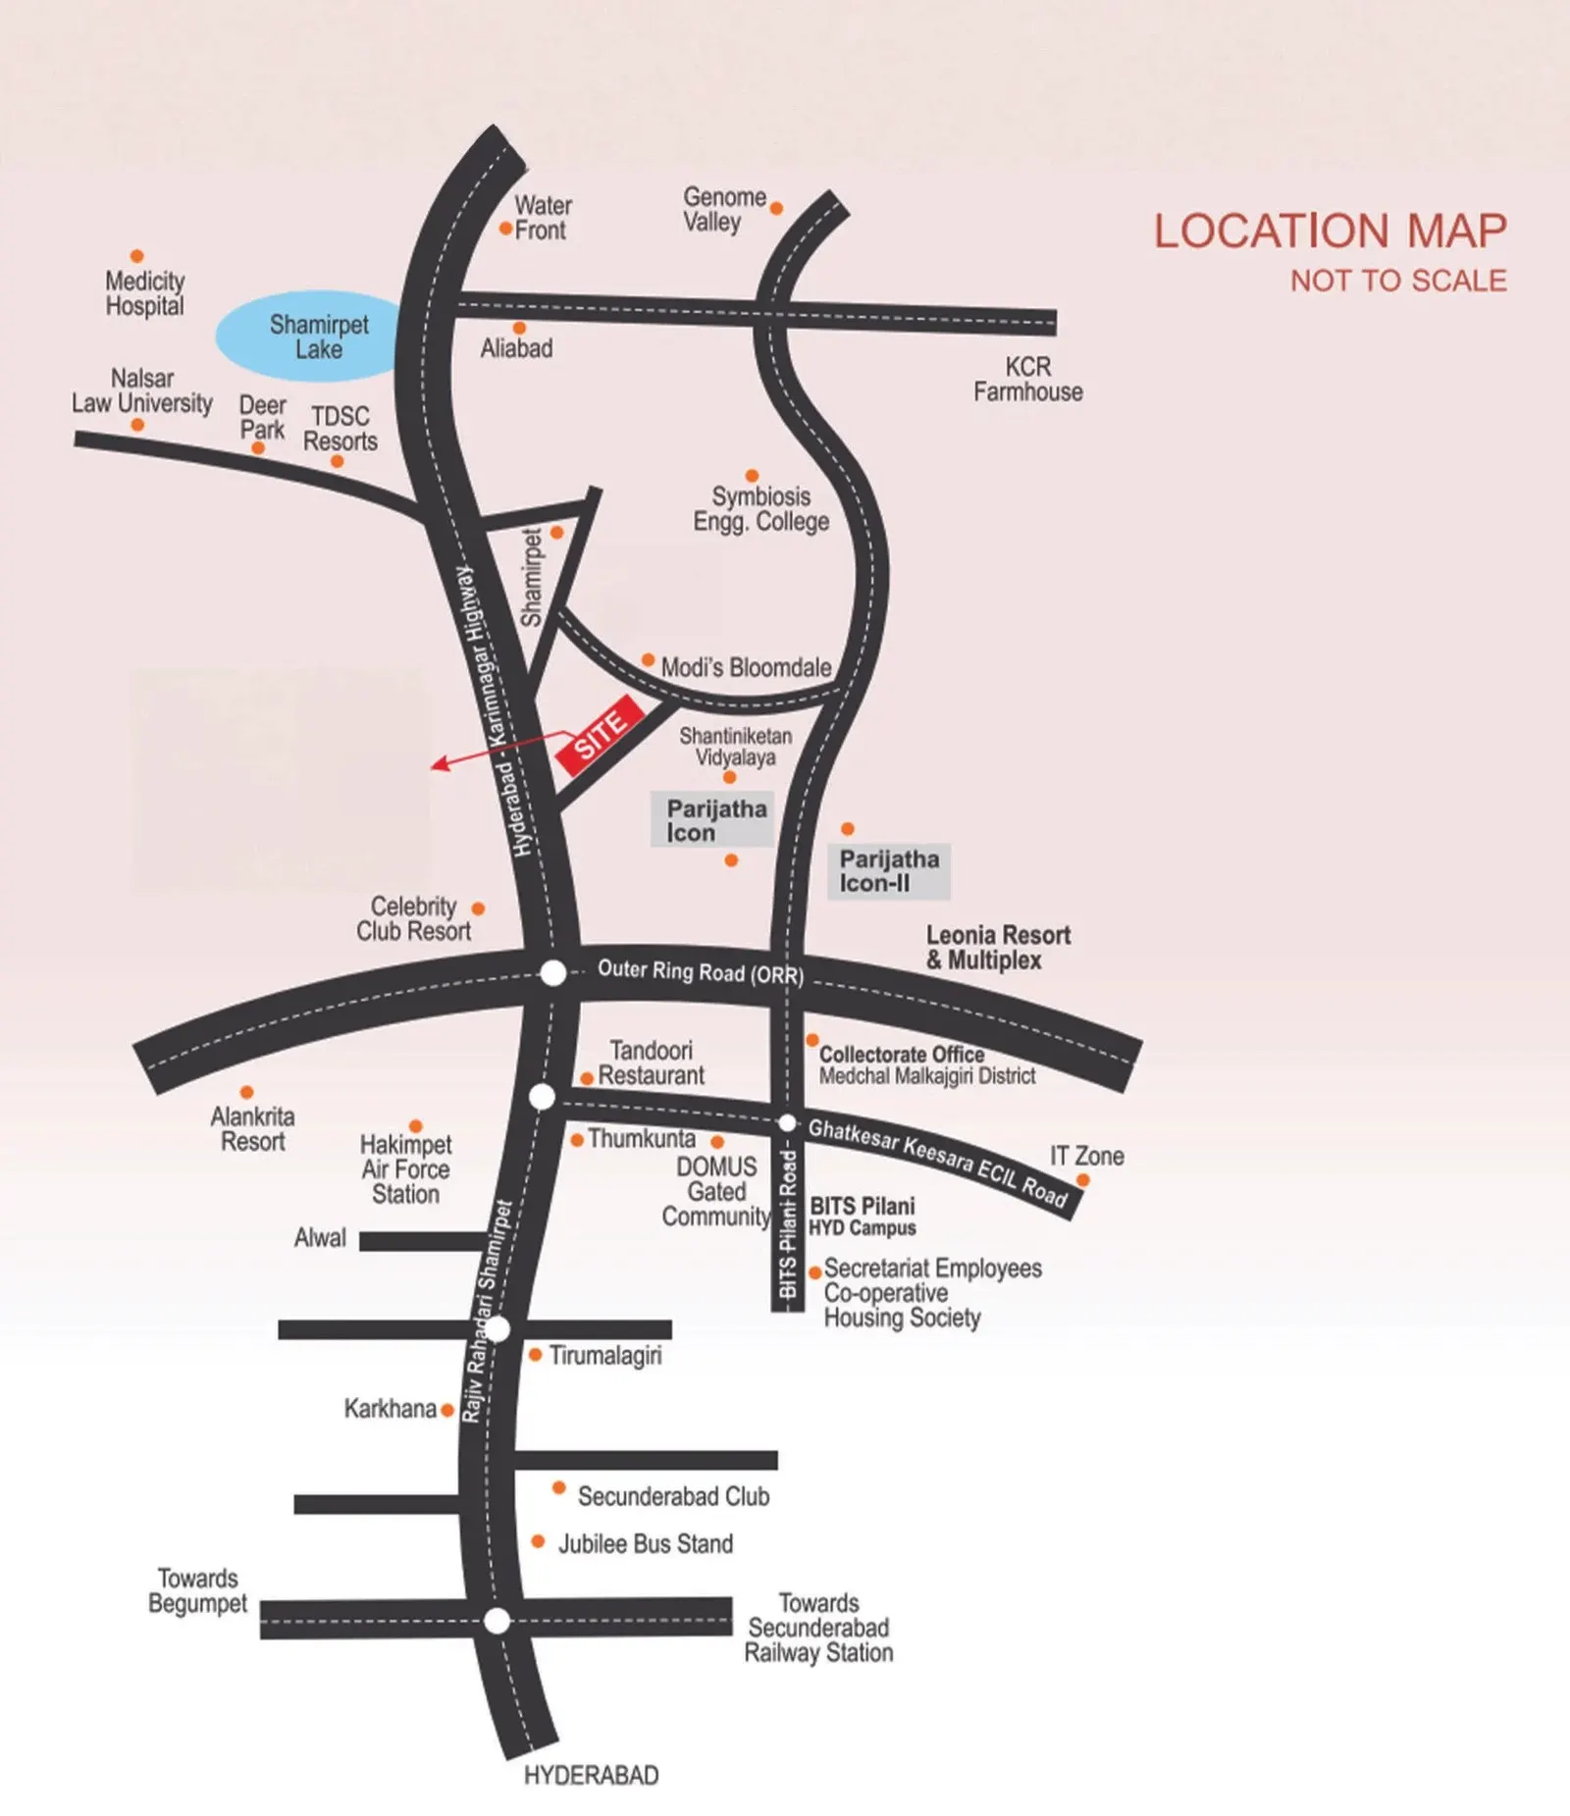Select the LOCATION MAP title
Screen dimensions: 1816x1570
1330,232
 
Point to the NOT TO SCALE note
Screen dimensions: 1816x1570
1397,282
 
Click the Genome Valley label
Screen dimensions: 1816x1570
723,210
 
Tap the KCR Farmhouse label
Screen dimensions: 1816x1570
1027,380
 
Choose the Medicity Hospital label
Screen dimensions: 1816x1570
145,293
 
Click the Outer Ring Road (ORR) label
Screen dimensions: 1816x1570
701,971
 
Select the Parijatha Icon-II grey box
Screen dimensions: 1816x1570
889,871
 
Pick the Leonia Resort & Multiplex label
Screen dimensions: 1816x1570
998,948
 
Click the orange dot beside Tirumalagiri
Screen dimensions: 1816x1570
536,1355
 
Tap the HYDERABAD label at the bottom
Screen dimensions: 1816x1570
591,1775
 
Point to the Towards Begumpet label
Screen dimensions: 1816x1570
197,1590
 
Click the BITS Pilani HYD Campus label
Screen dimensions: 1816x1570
862,1217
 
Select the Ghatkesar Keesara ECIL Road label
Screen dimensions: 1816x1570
937,1163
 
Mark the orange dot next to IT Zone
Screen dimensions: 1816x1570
1082,1180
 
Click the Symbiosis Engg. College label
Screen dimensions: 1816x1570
760,509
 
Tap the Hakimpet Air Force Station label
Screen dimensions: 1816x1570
405,1169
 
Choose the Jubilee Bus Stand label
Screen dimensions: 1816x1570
645,1543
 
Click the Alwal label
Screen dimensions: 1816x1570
320,1238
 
